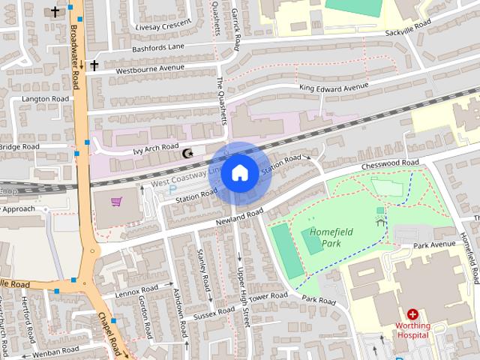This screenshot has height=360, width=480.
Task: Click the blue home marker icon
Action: pyautogui.click(x=239, y=173)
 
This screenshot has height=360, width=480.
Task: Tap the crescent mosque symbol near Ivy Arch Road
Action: pyautogui.click(x=187, y=154)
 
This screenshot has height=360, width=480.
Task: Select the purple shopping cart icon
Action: pyautogui.click(x=116, y=202)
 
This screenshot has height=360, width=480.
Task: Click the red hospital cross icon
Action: pyautogui.click(x=412, y=315)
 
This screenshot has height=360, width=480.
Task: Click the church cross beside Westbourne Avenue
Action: pyautogui.click(x=94, y=66)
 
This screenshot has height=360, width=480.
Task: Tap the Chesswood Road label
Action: pyautogui.click(x=389, y=163)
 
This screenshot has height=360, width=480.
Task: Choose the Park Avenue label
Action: pyautogui.click(x=434, y=245)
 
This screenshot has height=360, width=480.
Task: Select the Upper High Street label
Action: pyautogui.click(x=242, y=296)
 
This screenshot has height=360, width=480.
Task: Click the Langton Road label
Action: pyautogui.click(x=45, y=99)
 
